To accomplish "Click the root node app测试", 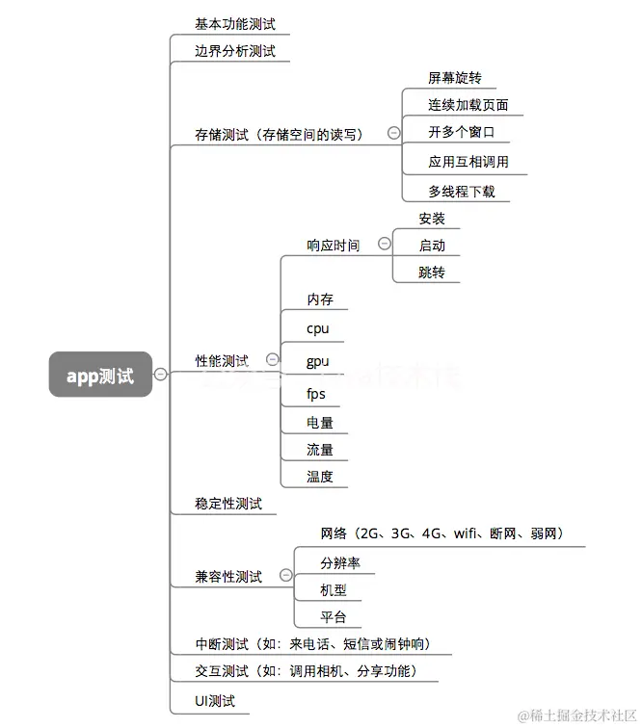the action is (100, 375).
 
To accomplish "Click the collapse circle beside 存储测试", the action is (393, 134).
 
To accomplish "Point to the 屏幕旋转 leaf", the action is (455, 78).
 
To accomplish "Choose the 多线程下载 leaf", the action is (462, 191).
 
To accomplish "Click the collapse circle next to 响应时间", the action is (385, 245).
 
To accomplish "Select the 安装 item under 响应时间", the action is (432, 219).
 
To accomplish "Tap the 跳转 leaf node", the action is (432, 273).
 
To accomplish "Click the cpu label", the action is (317, 328).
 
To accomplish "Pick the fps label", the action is (316, 394).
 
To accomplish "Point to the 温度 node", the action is (320, 477).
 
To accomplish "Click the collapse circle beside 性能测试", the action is (272, 359).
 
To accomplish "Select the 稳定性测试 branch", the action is (228, 504).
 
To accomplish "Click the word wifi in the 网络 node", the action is (467, 533).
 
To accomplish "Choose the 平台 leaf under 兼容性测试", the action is (334, 617).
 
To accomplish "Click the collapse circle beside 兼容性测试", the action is (285, 575).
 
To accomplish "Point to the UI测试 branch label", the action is (215, 701).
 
